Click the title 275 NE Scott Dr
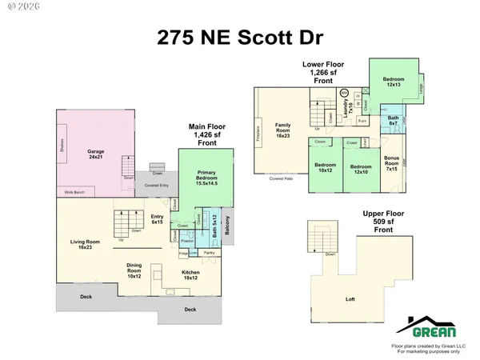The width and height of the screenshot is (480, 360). click(x=240, y=38)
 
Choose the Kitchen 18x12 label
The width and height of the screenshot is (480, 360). click(x=190, y=277)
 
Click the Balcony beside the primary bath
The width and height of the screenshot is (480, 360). click(x=226, y=229)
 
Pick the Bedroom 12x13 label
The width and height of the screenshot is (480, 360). click(x=393, y=82)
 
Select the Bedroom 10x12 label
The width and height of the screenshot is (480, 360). click(x=324, y=170)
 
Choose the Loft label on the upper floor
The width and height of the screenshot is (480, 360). click(x=350, y=299)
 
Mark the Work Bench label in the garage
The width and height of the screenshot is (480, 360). click(x=74, y=193)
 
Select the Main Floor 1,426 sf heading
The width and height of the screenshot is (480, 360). click(x=207, y=132)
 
